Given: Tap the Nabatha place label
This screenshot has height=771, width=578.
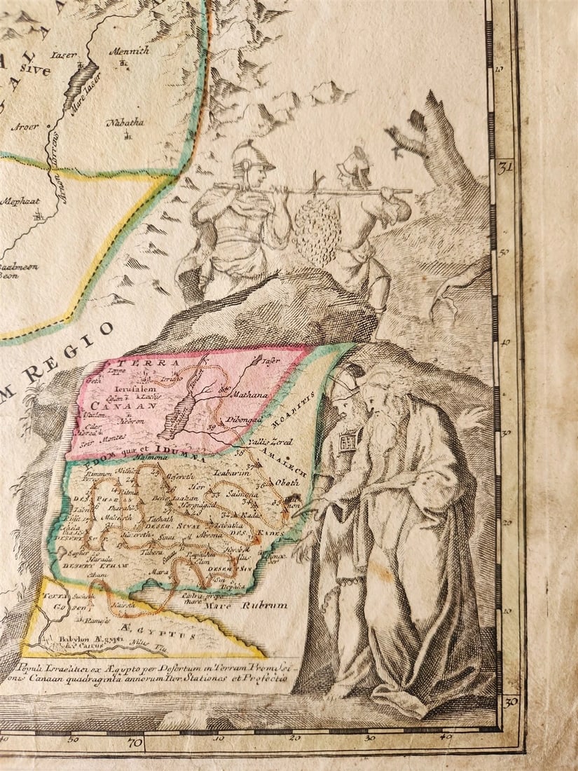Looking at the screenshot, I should pos(125,123).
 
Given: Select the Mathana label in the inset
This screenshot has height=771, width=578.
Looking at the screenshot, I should pos(251,395).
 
